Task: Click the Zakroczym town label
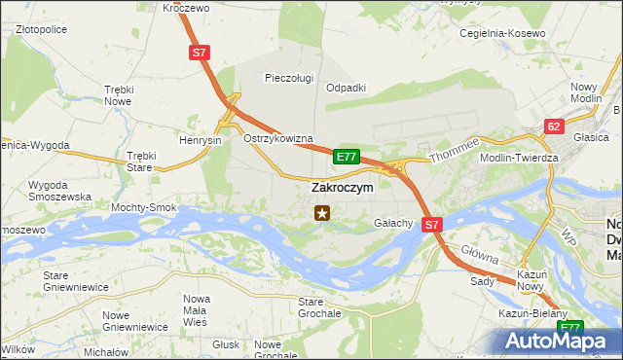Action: [x=341, y=188]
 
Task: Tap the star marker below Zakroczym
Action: [x=321, y=211]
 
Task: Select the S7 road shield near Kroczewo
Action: [x=199, y=54]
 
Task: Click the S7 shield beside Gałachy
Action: [x=433, y=224]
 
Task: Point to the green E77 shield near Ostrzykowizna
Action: [x=347, y=156]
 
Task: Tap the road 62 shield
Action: [x=554, y=126]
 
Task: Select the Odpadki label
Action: [x=346, y=87]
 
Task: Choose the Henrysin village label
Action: [x=201, y=140]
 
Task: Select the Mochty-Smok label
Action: [x=143, y=208]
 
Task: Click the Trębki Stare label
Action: [x=141, y=161]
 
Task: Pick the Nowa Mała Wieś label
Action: [x=198, y=305]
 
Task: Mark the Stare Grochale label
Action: [x=319, y=308]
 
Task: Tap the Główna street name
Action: [x=480, y=256]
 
